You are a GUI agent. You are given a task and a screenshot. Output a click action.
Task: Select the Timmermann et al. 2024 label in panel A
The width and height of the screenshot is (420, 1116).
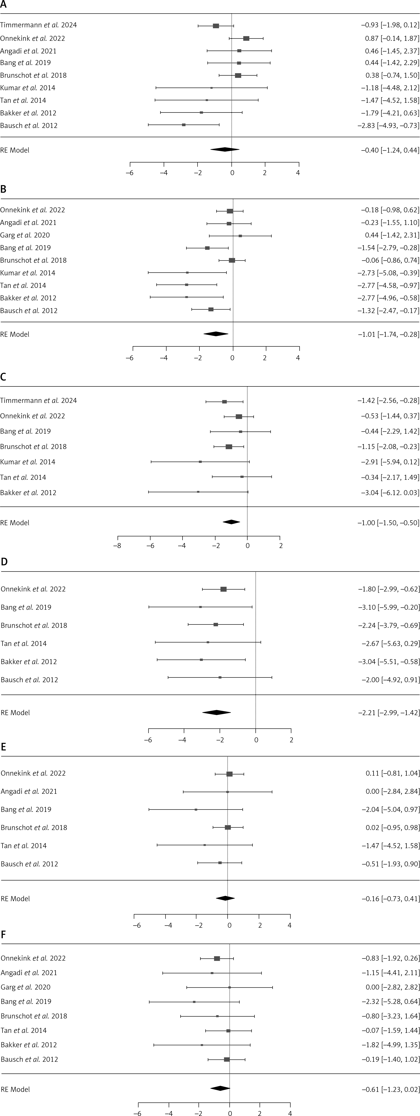(x=38, y=25)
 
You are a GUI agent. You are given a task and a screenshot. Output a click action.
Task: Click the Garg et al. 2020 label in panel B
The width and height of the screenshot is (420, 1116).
(x=25, y=235)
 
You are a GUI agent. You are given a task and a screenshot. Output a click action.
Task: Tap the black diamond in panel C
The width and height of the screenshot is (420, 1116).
(x=231, y=522)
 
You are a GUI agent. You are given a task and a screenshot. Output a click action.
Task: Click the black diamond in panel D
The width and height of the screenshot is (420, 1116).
(x=217, y=713)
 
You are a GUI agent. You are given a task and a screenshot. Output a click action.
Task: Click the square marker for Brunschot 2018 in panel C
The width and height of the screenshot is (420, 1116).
(x=229, y=447)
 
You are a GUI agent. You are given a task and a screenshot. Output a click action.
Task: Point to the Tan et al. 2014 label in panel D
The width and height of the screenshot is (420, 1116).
(x=24, y=643)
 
